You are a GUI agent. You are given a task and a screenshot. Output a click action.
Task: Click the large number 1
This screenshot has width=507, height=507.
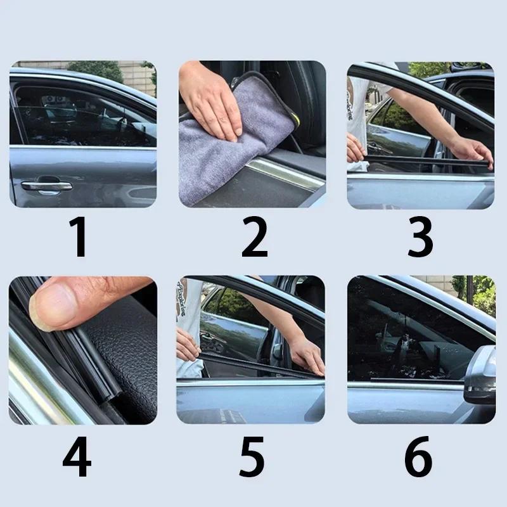[x=79, y=237]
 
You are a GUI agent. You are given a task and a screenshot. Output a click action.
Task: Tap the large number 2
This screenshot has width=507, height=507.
[x=254, y=237]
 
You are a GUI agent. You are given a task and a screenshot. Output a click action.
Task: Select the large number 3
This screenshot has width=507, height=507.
[x=420, y=237]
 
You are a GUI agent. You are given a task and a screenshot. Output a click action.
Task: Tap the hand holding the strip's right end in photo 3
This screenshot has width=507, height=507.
[x=473, y=152]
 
